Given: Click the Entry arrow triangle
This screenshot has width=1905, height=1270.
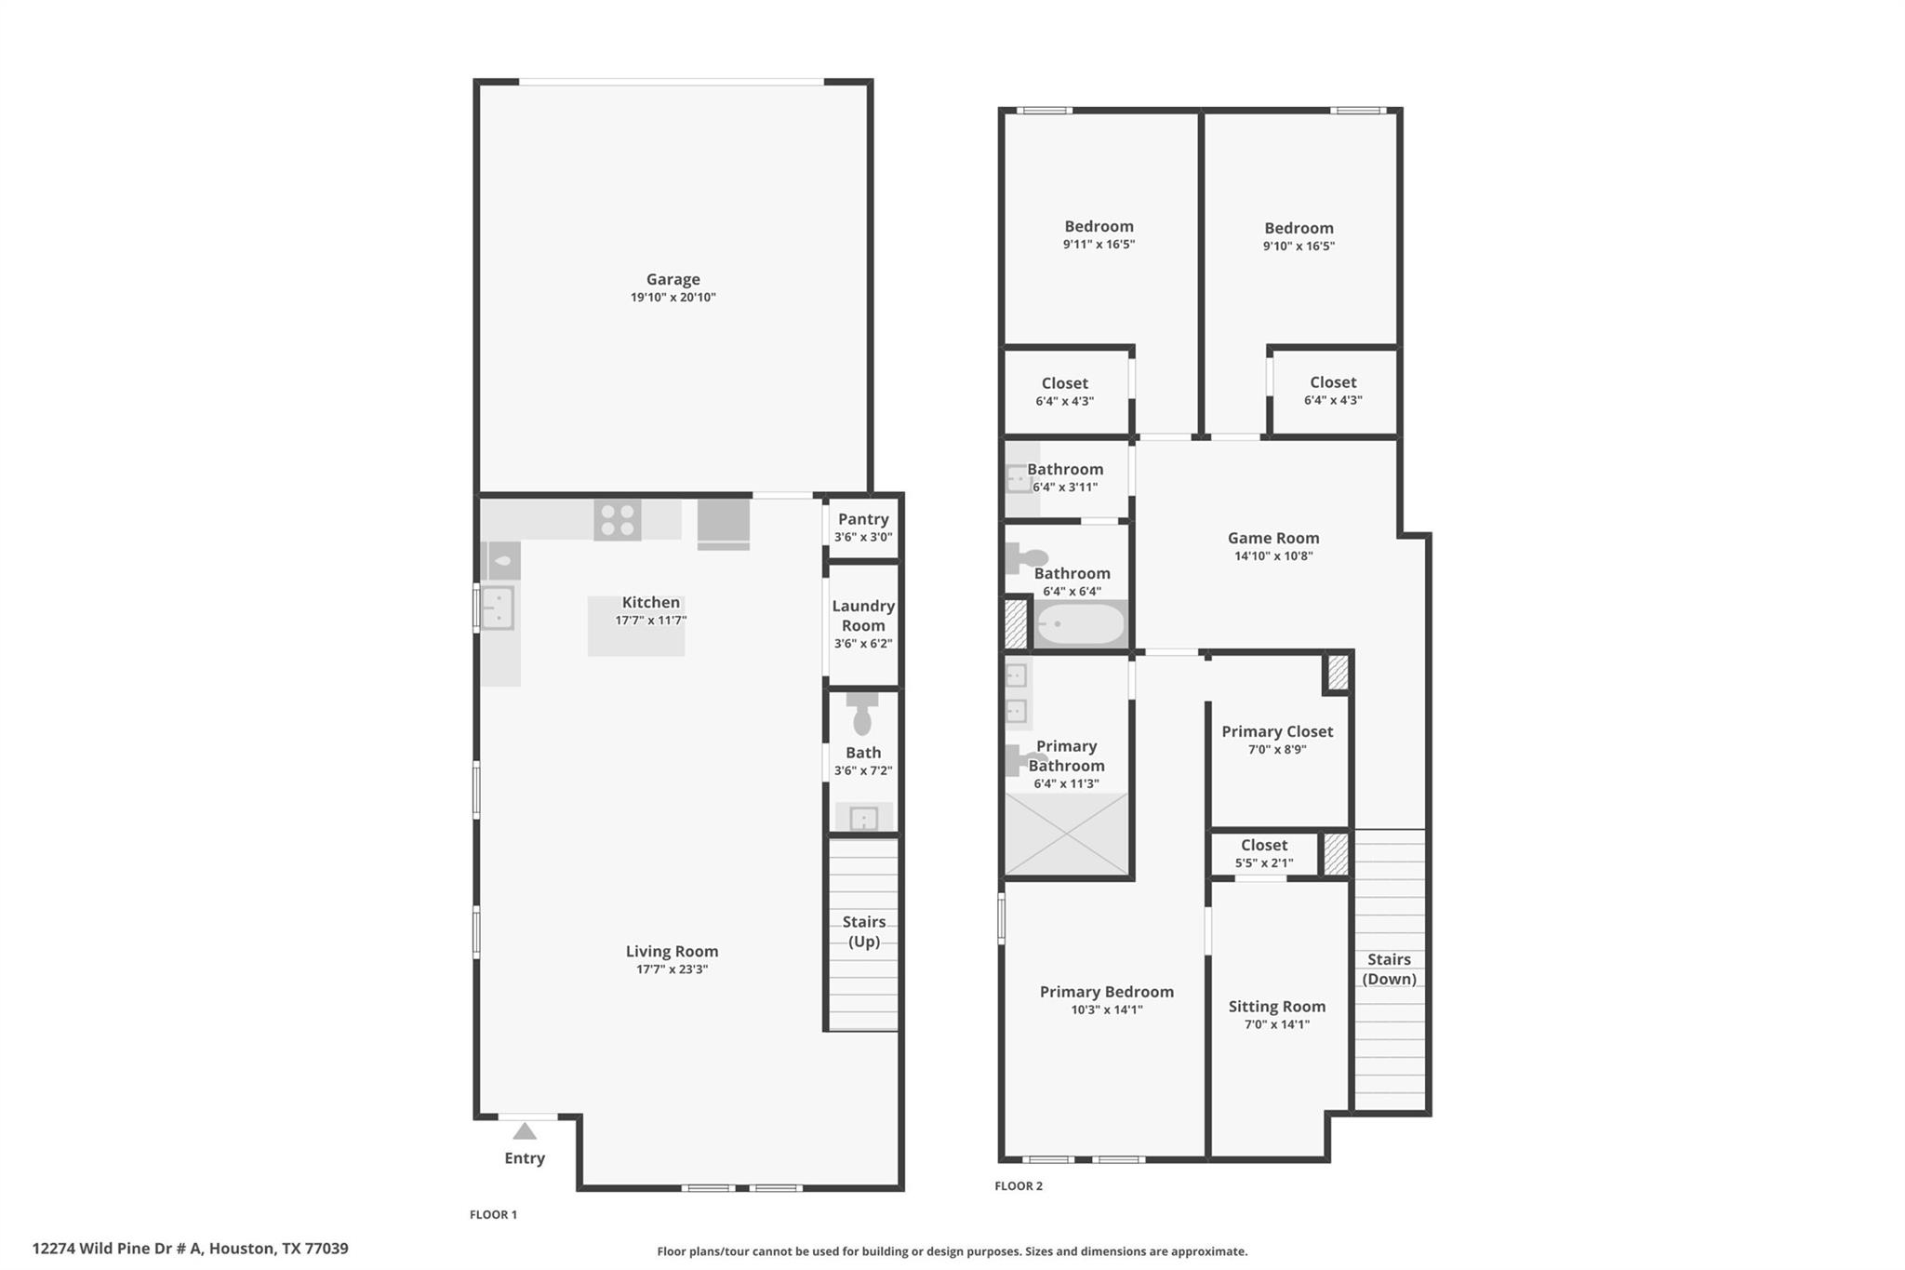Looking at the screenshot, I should pyautogui.click(x=525, y=1131).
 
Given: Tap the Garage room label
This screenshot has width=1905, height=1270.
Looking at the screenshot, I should pyautogui.click(x=673, y=279).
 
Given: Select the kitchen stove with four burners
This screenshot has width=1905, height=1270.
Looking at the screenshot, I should pyautogui.click(x=617, y=520).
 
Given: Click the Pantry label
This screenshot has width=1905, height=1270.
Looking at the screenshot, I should pyautogui.click(x=862, y=519).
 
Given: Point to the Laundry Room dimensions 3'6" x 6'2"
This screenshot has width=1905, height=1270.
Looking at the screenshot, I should pyautogui.click(x=862, y=644).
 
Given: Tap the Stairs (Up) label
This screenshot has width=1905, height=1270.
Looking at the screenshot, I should pyautogui.click(x=863, y=931).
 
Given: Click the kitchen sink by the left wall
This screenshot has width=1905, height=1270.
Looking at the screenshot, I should pyautogui.click(x=498, y=608).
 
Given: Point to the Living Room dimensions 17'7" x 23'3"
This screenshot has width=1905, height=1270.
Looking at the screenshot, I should pyautogui.click(x=672, y=969).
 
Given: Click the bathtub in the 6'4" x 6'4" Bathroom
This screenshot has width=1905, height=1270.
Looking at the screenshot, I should pyautogui.click(x=1081, y=624).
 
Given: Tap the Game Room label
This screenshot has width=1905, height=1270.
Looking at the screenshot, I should pyautogui.click(x=1272, y=538).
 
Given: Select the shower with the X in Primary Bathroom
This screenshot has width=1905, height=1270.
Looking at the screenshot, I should pyautogui.click(x=1066, y=834).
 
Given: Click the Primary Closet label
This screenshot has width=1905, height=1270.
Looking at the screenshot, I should pyautogui.click(x=1276, y=731).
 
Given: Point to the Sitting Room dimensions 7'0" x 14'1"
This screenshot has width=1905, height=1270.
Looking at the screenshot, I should pyautogui.click(x=1276, y=1024).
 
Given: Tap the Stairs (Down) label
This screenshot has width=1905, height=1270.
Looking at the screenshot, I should pyautogui.click(x=1389, y=969).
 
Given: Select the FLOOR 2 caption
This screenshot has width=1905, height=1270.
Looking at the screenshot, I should pyautogui.click(x=1019, y=1186).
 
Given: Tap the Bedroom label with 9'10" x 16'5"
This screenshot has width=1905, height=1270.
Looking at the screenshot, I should pyautogui.click(x=1299, y=228).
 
